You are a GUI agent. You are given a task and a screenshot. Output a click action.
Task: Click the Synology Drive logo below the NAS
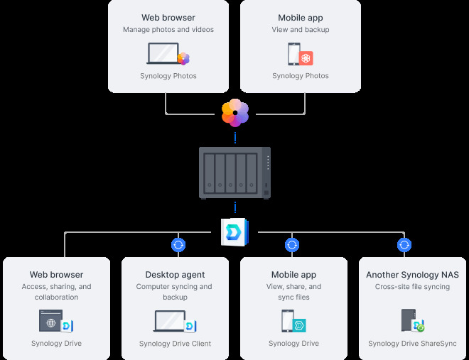(x=234, y=231)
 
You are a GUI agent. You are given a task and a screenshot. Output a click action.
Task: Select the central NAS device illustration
(x=234, y=173)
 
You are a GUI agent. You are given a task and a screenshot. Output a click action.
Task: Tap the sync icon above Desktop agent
(x=178, y=245)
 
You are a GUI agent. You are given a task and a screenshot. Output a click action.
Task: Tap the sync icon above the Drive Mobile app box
(x=291, y=245)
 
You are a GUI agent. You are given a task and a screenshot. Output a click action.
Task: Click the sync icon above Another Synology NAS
(x=404, y=245)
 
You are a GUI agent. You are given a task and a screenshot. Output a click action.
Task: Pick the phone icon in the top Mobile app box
(x=293, y=54)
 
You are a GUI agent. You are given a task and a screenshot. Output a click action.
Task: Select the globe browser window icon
(x=51, y=321)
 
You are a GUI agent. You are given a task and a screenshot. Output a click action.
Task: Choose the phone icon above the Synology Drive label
(x=288, y=321)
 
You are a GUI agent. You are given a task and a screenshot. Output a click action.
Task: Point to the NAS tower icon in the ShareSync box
(x=408, y=321)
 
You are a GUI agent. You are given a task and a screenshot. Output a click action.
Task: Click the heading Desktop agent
(x=175, y=275)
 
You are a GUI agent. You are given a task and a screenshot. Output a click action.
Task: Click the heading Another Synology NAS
(x=412, y=275)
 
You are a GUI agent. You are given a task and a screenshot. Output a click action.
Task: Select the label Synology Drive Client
(x=175, y=344)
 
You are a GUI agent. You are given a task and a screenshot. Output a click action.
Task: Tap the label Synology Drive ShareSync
(x=412, y=344)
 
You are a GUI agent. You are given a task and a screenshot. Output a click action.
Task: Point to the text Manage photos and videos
(x=168, y=30)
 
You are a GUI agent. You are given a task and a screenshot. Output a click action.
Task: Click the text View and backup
(x=300, y=30)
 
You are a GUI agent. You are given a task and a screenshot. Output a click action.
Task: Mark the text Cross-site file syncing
(x=412, y=287)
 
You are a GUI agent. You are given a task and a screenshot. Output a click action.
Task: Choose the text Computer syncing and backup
(x=175, y=292)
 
